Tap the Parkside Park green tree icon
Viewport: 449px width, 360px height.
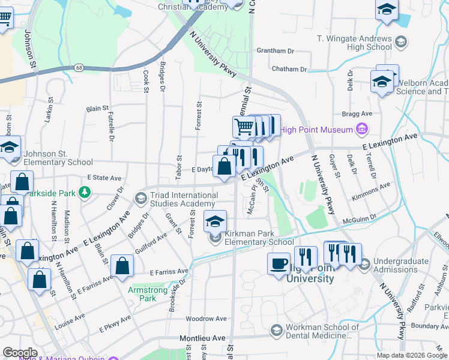point(86,192)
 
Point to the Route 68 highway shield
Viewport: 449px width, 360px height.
point(79,68)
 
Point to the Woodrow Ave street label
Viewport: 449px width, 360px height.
point(206,319)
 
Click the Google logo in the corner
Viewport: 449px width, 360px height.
point(20,353)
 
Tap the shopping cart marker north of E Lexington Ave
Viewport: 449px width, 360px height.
point(244,127)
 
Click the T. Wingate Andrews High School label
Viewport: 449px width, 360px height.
point(354,43)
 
